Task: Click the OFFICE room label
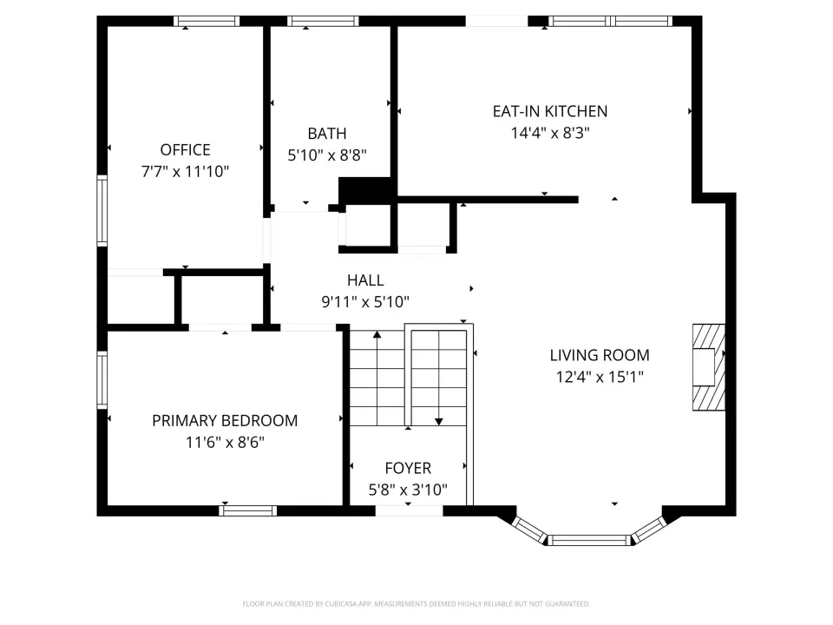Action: coord(185,150)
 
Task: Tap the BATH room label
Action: coord(327,134)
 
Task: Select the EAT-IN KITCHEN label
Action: coord(550,111)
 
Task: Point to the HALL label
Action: coord(365,280)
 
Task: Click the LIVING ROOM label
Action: coord(600,355)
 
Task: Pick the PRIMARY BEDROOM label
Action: coord(225,420)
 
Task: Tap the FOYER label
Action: coord(408,468)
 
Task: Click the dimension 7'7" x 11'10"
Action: coord(185,172)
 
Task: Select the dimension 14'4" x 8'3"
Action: coord(550,133)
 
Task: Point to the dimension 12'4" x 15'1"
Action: coord(600,377)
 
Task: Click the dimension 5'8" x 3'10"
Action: coord(408,490)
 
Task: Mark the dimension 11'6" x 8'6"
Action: coord(225,442)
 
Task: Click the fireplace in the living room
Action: coord(709,367)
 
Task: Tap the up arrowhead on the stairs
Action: coord(377,334)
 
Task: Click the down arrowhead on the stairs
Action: coord(439,422)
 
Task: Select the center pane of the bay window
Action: coord(588,541)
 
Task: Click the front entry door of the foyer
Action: coord(409,510)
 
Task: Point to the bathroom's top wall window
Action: coord(323,21)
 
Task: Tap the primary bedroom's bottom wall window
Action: coord(247,510)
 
